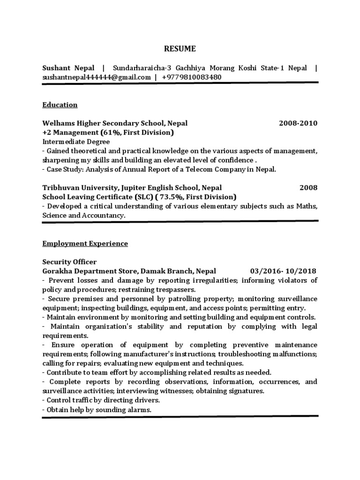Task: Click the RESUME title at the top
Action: click(180, 48)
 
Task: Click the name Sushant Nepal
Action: click(68, 68)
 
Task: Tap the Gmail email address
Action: click(97, 77)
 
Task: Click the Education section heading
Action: click(60, 105)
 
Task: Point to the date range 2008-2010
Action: click(298, 123)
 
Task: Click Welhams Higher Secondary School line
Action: click(115, 123)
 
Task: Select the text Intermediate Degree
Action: click(76, 142)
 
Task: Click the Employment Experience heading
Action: click(85, 244)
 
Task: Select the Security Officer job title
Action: click(69, 262)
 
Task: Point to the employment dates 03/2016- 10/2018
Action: click(284, 271)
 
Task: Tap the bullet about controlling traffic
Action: click(101, 400)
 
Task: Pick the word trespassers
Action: click(159, 290)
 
